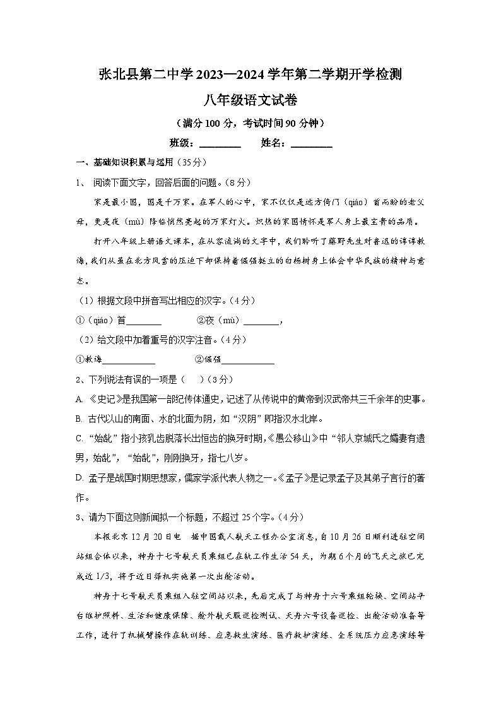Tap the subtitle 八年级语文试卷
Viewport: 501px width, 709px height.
click(x=250, y=99)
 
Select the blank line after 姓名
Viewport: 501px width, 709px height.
click(x=311, y=144)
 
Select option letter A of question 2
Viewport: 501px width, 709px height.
click(x=79, y=399)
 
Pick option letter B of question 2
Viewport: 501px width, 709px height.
click(x=79, y=419)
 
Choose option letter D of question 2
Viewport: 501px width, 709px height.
click(x=80, y=478)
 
